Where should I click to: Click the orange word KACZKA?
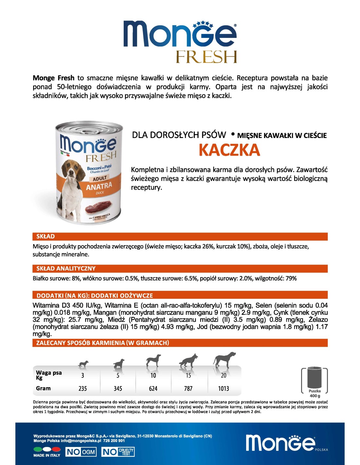pos(229,150)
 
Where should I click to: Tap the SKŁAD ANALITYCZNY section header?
pos(66,268)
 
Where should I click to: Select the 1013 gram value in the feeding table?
pos(224,388)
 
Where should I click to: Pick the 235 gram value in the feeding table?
pos(82,388)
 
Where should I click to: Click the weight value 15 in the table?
pos(188,375)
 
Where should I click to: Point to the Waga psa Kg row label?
pos(48,375)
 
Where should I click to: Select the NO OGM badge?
pos(81,452)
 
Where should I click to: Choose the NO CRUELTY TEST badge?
pos(118,452)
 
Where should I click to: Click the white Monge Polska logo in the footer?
pos(281,443)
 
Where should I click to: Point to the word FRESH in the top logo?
pos(206,57)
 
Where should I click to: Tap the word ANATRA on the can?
pos(99,186)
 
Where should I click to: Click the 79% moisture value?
pos(291,278)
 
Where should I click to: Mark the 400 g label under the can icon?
pos(315,396)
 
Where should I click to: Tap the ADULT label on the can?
pos(100,178)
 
